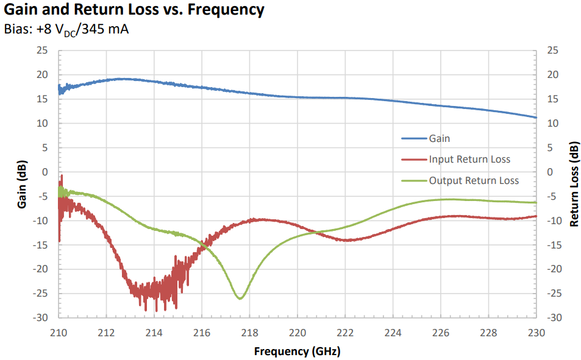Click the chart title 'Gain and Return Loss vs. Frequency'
(x=134, y=10)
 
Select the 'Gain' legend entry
(x=439, y=138)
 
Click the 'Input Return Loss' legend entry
(x=469, y=160)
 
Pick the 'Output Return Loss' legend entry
(x=474, y=180)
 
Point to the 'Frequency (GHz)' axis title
(x=297, y=351)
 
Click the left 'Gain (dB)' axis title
(x=23, y=184)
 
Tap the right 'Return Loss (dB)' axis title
(x=573, y=184)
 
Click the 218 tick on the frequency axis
(x=249, y=333)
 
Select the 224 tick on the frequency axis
(x=393, y=333)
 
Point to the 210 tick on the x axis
(x=59, y=333)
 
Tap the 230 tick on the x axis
(x=536, y=333)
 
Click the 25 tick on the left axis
(x=42, y=51)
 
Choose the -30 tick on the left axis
(x=40, y=317)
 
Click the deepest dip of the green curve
(x=240, y=298)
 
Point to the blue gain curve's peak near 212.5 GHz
(x=121, y=79)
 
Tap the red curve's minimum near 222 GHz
(x=346, y=241)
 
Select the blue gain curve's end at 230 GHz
(x=536, y=118)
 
